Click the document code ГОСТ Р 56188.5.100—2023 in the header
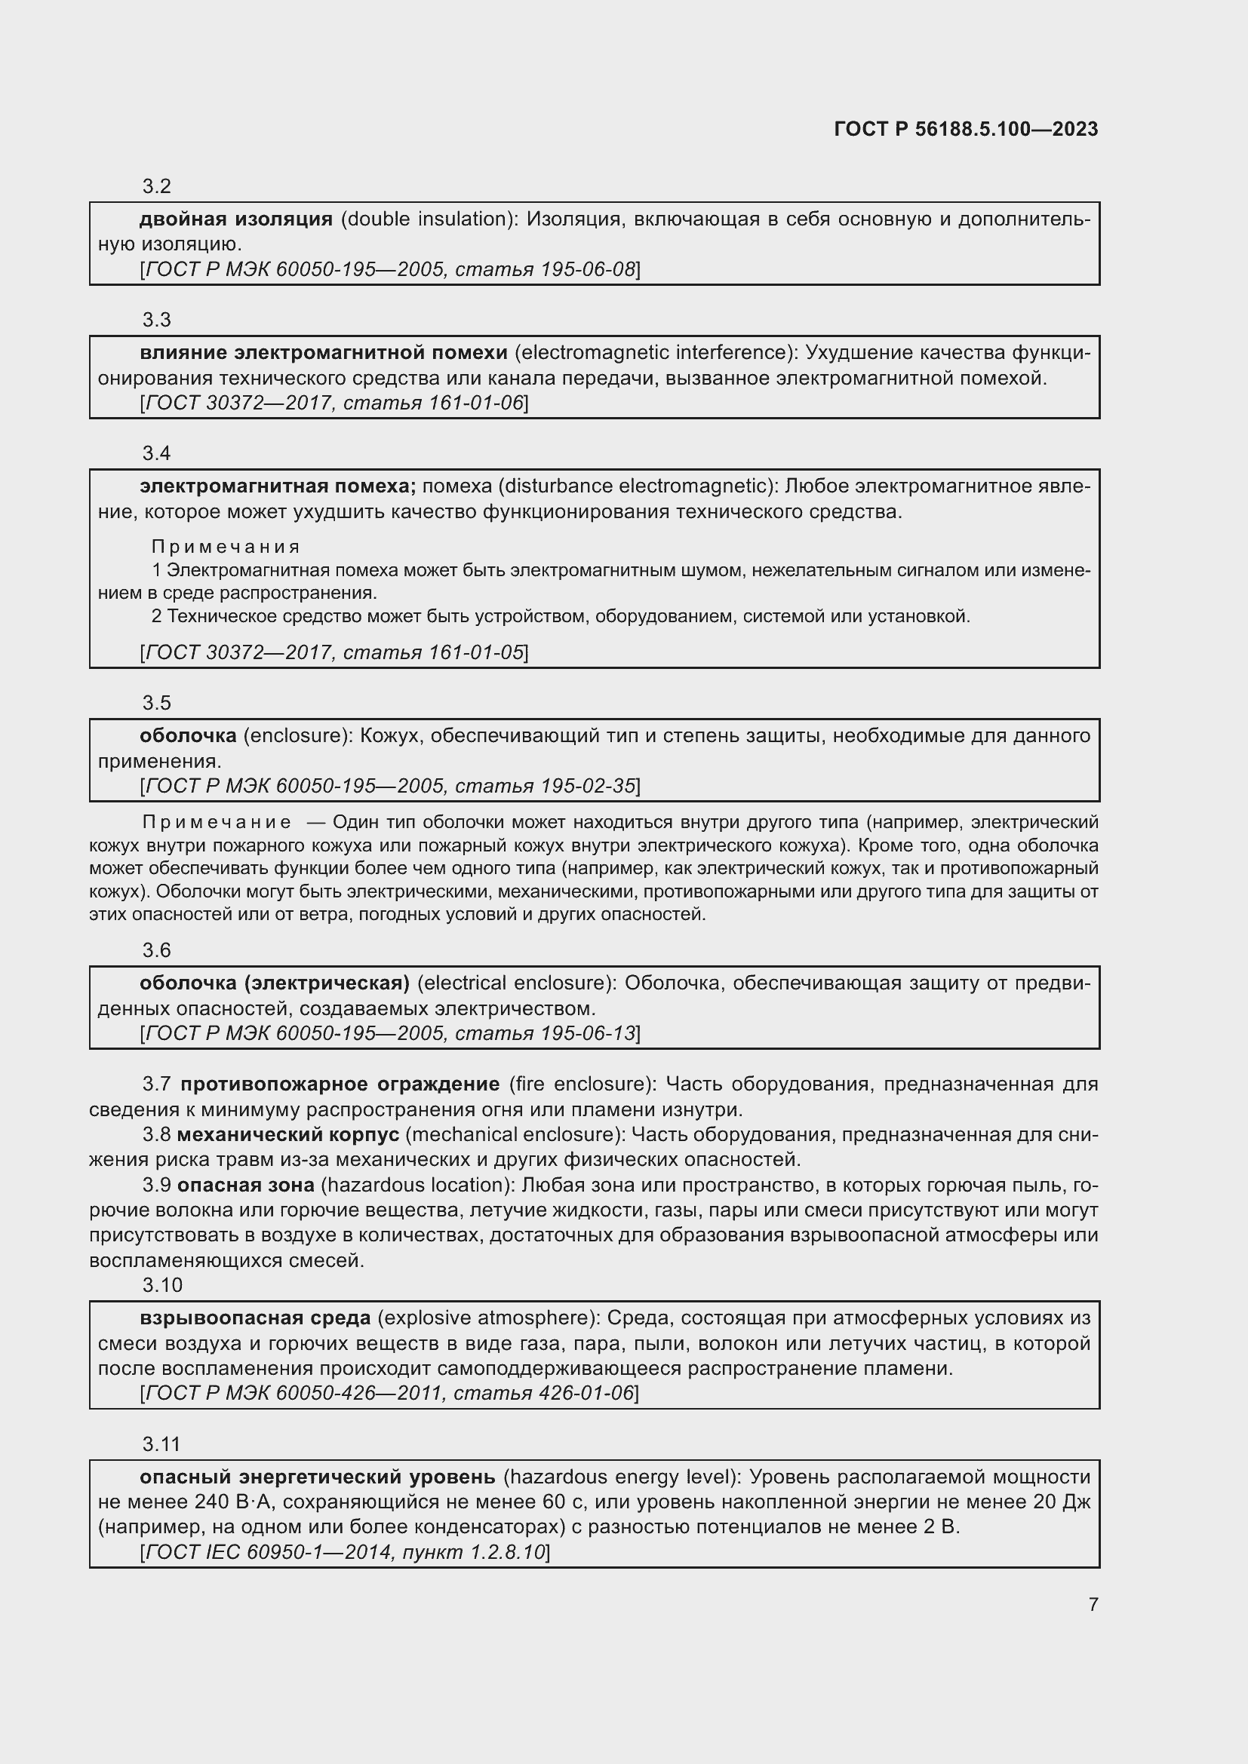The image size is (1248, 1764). pyautogui.click(x=966, y=129)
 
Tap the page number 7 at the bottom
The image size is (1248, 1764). pyautogui.click(x=1093, y=1604)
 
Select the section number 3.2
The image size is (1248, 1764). pyautogui.click(x=157, y=187)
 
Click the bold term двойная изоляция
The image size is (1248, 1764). pyautogui.click(x=236, y=219)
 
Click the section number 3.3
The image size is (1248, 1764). pyautogui.click(x=157, y=320)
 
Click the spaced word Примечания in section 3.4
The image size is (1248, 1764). pyautogui.click(x=225, y=547)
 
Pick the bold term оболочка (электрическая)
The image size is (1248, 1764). pyautogui.click(x=275, y=983)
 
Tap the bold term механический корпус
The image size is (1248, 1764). pyautogui.click(x=288, y=1135)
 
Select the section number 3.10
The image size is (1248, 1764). pyautogui.click(x=162, y=1285)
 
